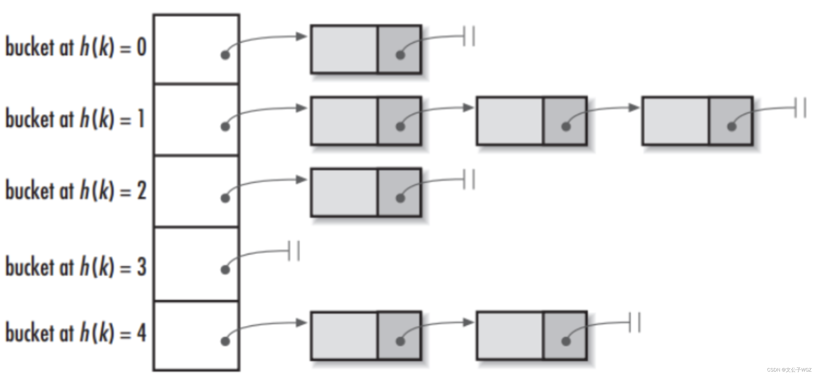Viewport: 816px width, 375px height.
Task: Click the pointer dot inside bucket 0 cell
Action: (x=225, y=55)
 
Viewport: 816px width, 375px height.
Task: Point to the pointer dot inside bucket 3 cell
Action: (x=225, y=270)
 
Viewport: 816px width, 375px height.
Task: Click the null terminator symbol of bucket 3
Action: (x=294, y=251)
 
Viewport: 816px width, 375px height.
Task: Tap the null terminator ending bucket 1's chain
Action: (x=800, y=108)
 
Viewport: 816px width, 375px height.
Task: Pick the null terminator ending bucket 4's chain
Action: (x=635, y=323)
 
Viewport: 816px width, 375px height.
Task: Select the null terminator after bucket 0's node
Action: (x=469, y=36)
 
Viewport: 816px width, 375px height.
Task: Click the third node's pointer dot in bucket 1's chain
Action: (x=731, y=127)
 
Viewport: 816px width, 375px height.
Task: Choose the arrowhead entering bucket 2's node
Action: (x=301, y=180)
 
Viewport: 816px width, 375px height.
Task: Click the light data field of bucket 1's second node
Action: (x=510, y=121)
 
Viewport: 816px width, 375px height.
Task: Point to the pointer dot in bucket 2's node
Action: (x=400, y=198)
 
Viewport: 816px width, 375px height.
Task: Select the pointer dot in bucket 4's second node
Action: (x=566, y=341)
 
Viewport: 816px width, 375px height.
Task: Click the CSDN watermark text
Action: (x=789, y=370)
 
